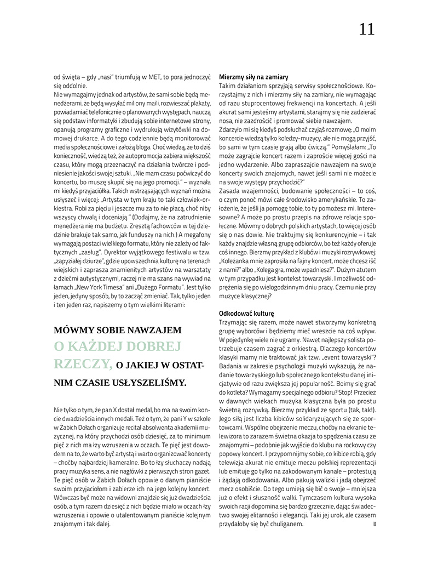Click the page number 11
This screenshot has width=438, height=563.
click(x=367, y=30)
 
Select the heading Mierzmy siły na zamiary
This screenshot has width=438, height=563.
click(x=253, y=77)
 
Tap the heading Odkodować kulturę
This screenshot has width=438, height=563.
click(x=246, y=312)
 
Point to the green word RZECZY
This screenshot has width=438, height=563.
click(x=82, y=363)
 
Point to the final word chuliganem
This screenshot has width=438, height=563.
click(x=285, y=524)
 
